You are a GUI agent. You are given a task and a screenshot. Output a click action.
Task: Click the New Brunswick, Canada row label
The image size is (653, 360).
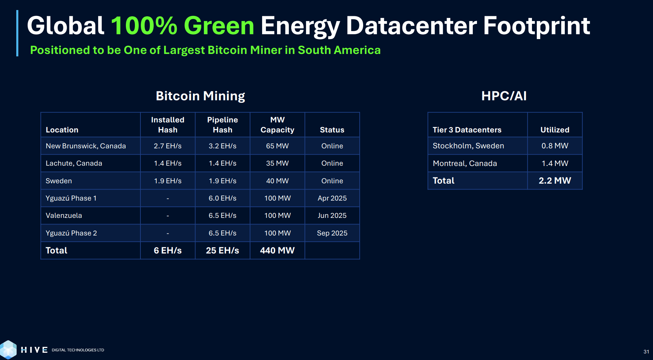point(86,146)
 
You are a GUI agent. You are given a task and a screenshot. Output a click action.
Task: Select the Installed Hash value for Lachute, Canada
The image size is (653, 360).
point(168,163)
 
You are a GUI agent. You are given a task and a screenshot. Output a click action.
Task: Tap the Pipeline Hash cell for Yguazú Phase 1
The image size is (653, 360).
point(222,198)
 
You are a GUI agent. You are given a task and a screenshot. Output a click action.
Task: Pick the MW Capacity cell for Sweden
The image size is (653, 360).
point(277,181)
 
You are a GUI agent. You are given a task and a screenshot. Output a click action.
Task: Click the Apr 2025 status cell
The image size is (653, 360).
point(332,198)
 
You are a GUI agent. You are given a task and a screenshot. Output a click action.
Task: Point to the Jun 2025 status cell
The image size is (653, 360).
point(332,215)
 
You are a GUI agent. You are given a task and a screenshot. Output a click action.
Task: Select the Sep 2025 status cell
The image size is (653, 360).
point(332,233)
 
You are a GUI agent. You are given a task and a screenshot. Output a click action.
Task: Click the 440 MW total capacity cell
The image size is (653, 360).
point(277,250)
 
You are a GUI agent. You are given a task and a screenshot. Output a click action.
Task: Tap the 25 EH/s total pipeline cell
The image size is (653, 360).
point(222,250)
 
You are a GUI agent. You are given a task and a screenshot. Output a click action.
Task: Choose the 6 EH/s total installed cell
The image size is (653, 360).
point(168,250)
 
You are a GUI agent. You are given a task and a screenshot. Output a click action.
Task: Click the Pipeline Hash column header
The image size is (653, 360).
point(222,125)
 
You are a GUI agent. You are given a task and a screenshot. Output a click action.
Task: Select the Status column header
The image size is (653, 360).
point(332,130)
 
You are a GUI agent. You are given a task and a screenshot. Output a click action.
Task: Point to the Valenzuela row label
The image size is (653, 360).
point(64,215)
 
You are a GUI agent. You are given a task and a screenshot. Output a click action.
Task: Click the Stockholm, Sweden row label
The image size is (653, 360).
point(468,146)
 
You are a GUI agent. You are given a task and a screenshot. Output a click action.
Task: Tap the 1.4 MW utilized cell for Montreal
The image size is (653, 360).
point(555,163)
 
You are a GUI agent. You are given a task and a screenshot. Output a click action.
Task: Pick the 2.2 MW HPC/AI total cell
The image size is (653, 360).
point(555,181)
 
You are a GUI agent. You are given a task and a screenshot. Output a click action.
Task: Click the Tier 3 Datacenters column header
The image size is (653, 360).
point(467,130)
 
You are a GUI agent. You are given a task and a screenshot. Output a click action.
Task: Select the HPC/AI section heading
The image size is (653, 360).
point(504,96)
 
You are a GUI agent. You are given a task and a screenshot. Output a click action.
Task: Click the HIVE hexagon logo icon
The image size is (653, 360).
point(9,349)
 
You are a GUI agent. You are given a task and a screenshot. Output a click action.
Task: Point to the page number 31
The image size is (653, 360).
point(646,352)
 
